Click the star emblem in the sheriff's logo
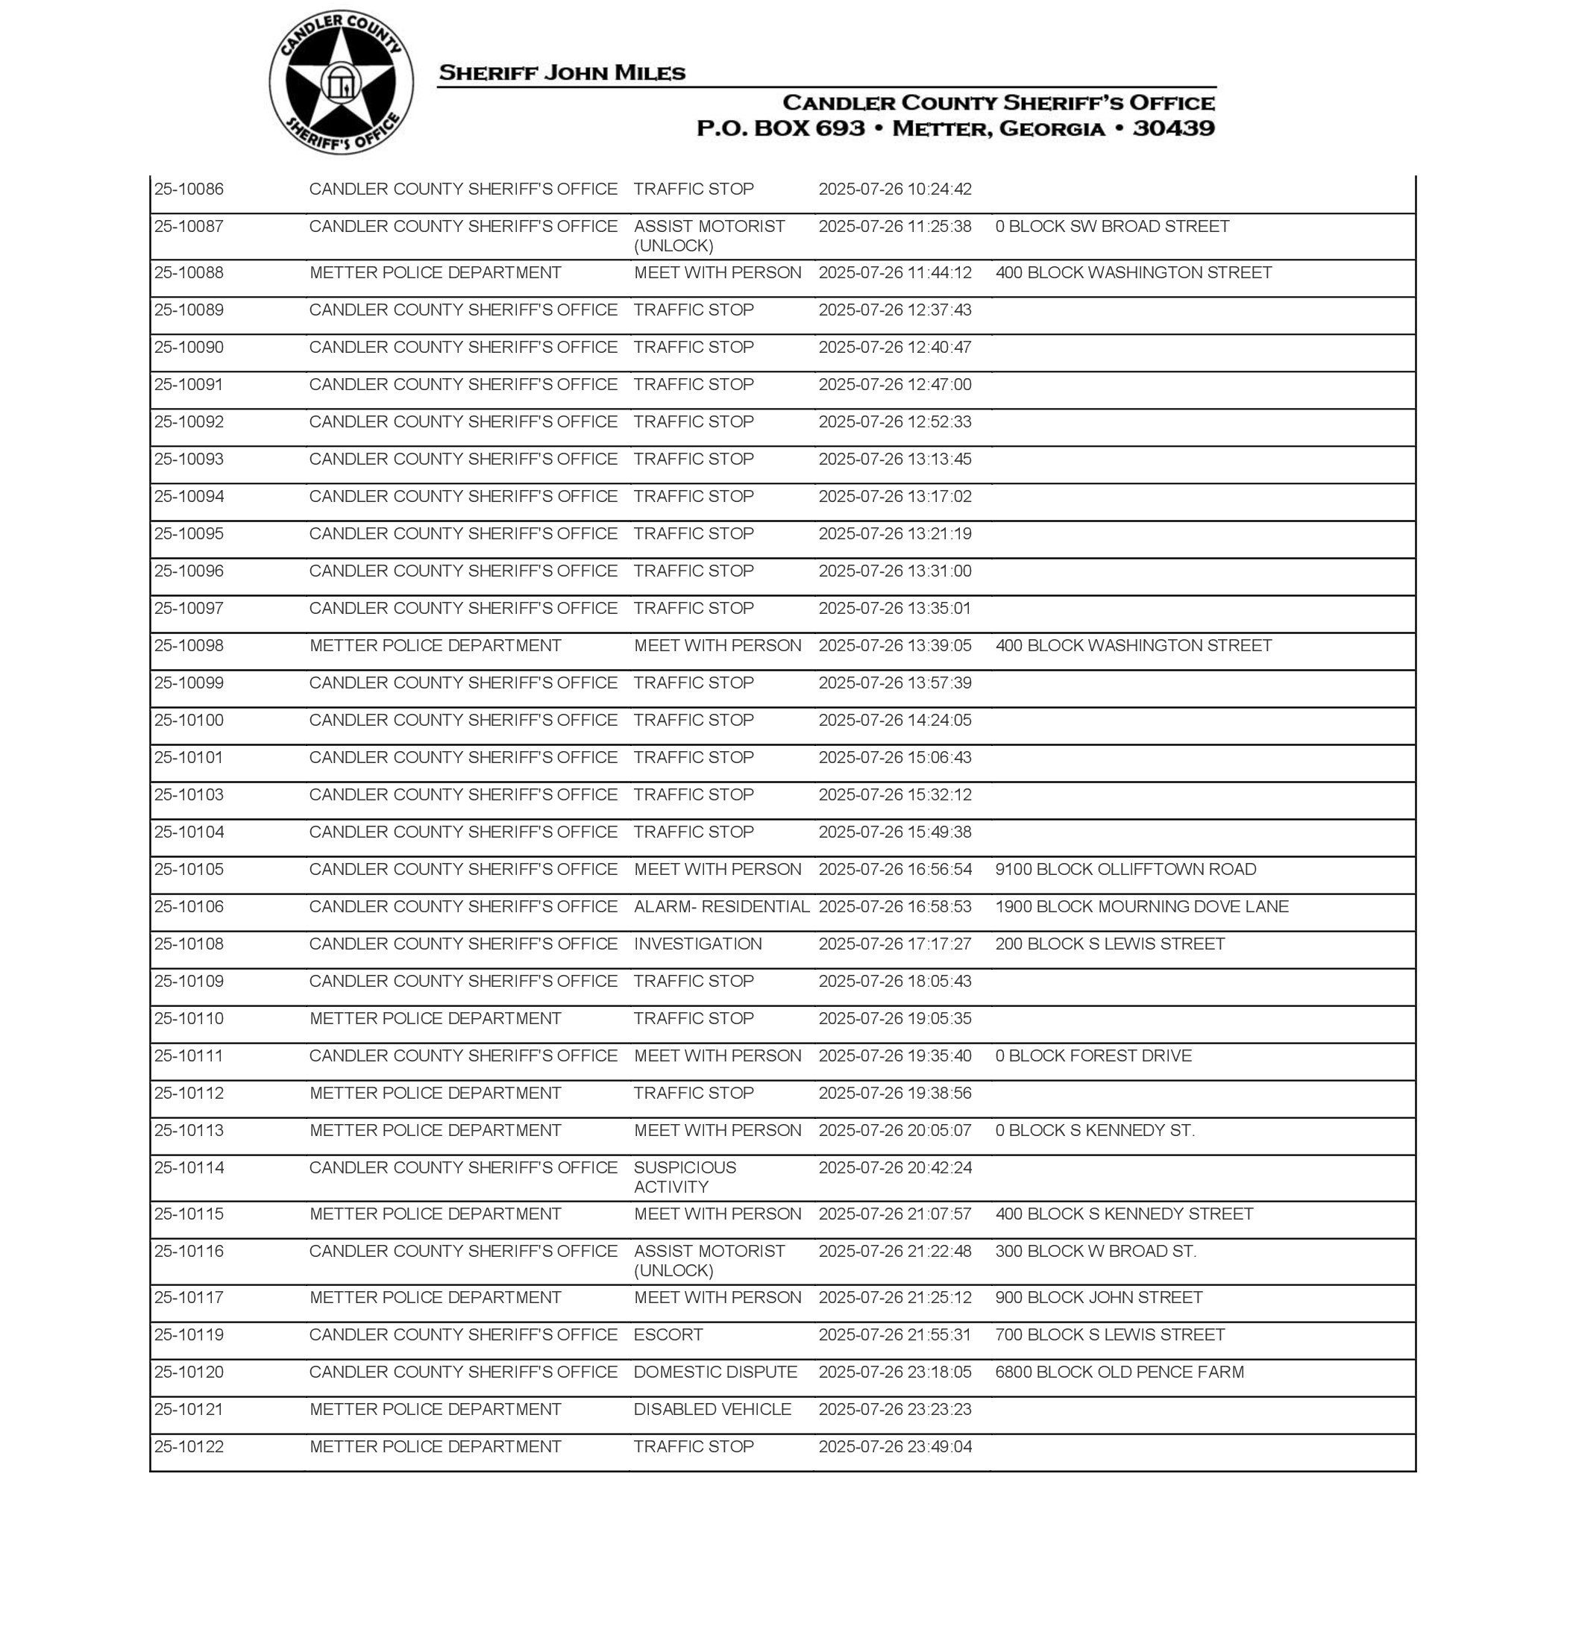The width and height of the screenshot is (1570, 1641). [341, 83]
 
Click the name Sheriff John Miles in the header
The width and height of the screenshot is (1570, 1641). [562, 73]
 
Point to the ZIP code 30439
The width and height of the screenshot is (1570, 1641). [1173, 128]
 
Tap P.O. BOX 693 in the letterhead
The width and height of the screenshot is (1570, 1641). [780, 128]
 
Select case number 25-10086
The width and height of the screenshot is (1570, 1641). [189, 189]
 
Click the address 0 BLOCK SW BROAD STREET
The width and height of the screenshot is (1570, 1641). [1112, 227]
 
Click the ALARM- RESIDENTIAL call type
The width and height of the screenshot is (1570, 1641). [721, 906]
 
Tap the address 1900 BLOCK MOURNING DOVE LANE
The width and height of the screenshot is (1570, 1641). [1142, 906]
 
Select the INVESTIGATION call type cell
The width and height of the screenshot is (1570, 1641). [698, 944]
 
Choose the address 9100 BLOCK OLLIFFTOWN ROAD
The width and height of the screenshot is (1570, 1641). [1125, 870]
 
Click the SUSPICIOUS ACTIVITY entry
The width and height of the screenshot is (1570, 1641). [685, 1176]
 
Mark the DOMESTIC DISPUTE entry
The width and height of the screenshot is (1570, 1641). [715, 1372]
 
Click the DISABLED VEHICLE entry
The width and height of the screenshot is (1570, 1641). [712, 1409]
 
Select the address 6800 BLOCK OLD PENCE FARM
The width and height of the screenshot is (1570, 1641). [1119, 1372]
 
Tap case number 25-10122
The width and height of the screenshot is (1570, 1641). [189, 1447]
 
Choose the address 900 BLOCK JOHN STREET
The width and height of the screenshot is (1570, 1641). [1099, 1298]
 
